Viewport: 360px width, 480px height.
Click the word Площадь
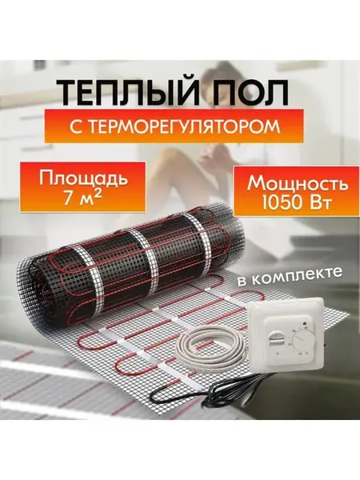click(x=82, y=179)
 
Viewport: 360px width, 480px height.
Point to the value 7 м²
click(x=83, y=199)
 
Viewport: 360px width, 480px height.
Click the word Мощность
click(x=298, y=185)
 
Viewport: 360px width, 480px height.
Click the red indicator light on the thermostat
click(x=304, y=323)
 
